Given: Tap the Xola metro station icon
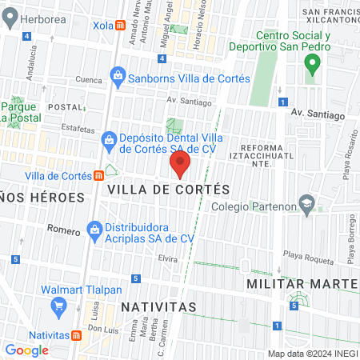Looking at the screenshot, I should coord(119,26).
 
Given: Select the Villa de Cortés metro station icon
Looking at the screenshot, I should coord(98,176).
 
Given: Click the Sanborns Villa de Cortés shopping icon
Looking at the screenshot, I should coord(118,78).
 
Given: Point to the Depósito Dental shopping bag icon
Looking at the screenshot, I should coord(110,142).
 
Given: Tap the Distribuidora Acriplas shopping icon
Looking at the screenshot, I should coord(94,232).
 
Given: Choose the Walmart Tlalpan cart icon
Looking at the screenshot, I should coord(58,305).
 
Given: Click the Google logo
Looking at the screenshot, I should coord(26,350).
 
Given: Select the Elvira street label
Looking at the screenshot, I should coord(166,258).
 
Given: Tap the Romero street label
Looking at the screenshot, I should coord(63,230).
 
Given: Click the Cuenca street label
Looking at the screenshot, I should coord(88,80).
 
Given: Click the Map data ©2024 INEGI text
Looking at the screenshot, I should coord(311,353).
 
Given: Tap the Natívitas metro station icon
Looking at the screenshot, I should coord(76,334).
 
